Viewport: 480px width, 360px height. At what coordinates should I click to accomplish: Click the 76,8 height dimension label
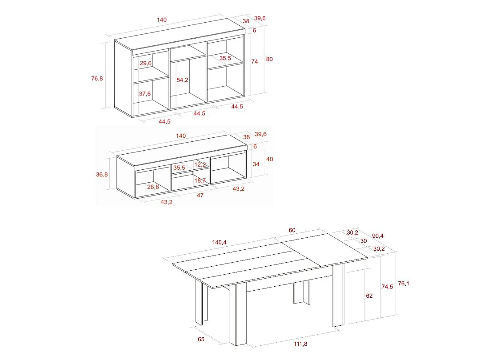[x=97, y=78]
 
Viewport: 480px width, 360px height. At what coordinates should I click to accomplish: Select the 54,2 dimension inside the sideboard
[x=183, y=80]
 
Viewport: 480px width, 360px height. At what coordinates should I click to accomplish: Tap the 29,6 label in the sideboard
[x=146, y=63]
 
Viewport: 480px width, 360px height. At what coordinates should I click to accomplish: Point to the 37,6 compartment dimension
[x=145, y=94]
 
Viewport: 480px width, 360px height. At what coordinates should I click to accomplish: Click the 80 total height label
[x=269, y=59]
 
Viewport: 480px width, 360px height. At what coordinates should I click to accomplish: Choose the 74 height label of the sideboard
[x=255, y=62]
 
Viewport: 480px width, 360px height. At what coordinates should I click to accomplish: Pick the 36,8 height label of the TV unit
[x=102, y=174]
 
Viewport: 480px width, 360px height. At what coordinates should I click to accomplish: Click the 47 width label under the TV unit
[x=200, y=195]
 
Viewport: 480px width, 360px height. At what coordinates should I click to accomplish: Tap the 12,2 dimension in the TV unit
[x=200, y=164]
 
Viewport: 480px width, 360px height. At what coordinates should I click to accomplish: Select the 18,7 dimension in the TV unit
[x=200, y=180]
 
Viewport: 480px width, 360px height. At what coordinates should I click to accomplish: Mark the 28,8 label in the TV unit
[x=153, y=187]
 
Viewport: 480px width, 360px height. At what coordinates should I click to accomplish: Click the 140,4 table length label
[x=220, y=242]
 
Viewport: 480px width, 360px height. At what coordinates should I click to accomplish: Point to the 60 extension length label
[x=292, y=230]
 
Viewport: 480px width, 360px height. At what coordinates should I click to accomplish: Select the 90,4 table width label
[x=379, y=236]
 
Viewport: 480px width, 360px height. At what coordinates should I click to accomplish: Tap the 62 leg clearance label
[x=369, y=296]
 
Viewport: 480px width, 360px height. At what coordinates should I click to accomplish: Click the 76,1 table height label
[x=404, y=283]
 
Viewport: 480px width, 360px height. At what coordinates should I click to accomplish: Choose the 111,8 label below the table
[x=300, y=344]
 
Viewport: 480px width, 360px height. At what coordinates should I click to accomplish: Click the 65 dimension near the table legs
[x=201, y=339]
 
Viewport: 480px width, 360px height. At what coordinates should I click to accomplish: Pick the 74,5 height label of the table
[x=387, y=287]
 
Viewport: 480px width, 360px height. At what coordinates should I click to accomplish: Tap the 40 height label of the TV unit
[x=269, y=159]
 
